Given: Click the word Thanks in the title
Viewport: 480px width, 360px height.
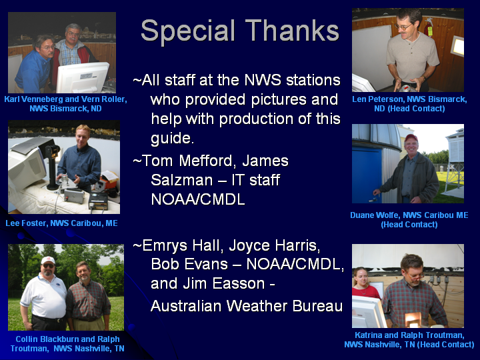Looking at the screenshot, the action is click(x=293, y=30).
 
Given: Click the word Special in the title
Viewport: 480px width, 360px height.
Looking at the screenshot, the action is click(x=187, y=31).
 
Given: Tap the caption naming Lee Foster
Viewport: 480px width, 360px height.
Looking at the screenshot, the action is click(x=61, y=223).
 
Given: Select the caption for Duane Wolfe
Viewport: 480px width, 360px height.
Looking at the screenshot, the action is click(x=409, y=220).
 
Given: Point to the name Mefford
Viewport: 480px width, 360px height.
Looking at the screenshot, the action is click(x=207, y=161).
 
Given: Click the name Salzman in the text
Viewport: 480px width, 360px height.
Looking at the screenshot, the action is click(x=182, y=180).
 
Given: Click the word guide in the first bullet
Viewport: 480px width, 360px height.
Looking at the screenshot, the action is click(x=172, y=139).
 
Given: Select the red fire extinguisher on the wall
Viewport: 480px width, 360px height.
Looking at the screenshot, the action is click(x=428, y=27).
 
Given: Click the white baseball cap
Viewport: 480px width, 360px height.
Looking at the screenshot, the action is click(x=48, y=260).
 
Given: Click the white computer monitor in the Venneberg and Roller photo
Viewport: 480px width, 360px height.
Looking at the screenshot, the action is click(x=83, y=77).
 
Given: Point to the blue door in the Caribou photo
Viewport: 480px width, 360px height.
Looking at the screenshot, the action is click(x=367, y=173).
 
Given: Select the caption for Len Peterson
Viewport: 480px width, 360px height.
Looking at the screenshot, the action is click(x=409, y=104).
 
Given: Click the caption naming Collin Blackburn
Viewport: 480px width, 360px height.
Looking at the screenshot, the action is click(x=67, y=344).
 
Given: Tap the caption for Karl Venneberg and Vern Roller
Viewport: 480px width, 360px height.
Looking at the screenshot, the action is click(x=65, y=104).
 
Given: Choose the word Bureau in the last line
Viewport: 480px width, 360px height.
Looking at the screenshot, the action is click(x=317, y=306).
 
